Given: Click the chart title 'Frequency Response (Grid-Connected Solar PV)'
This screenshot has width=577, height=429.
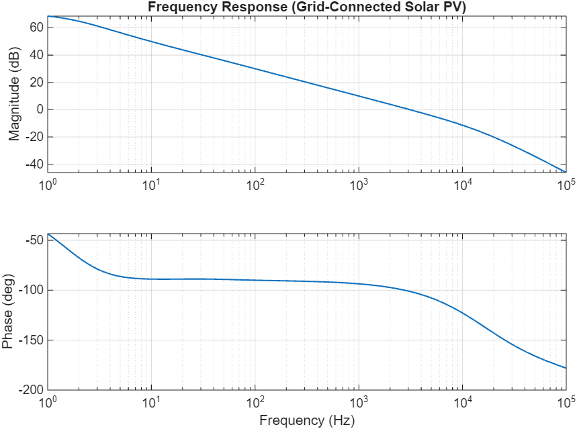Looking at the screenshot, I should (307, 7).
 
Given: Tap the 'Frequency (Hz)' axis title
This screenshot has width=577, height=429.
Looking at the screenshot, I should (307, 420).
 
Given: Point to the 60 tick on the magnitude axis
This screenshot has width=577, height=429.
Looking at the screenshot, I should (36, 28).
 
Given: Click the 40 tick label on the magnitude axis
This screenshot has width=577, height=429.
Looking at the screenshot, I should (36, 55).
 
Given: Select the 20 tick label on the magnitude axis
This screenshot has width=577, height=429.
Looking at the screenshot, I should (36, 83).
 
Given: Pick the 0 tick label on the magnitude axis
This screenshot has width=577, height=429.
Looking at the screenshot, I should (39, 110).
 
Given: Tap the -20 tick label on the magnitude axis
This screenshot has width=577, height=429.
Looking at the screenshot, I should (33, 137).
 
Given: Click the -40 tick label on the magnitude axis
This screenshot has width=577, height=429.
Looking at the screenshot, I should (33, 164).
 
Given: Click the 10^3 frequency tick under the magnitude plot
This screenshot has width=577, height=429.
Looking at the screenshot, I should (359, 183).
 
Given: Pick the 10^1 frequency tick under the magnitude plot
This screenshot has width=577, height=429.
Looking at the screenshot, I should (152, 183).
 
